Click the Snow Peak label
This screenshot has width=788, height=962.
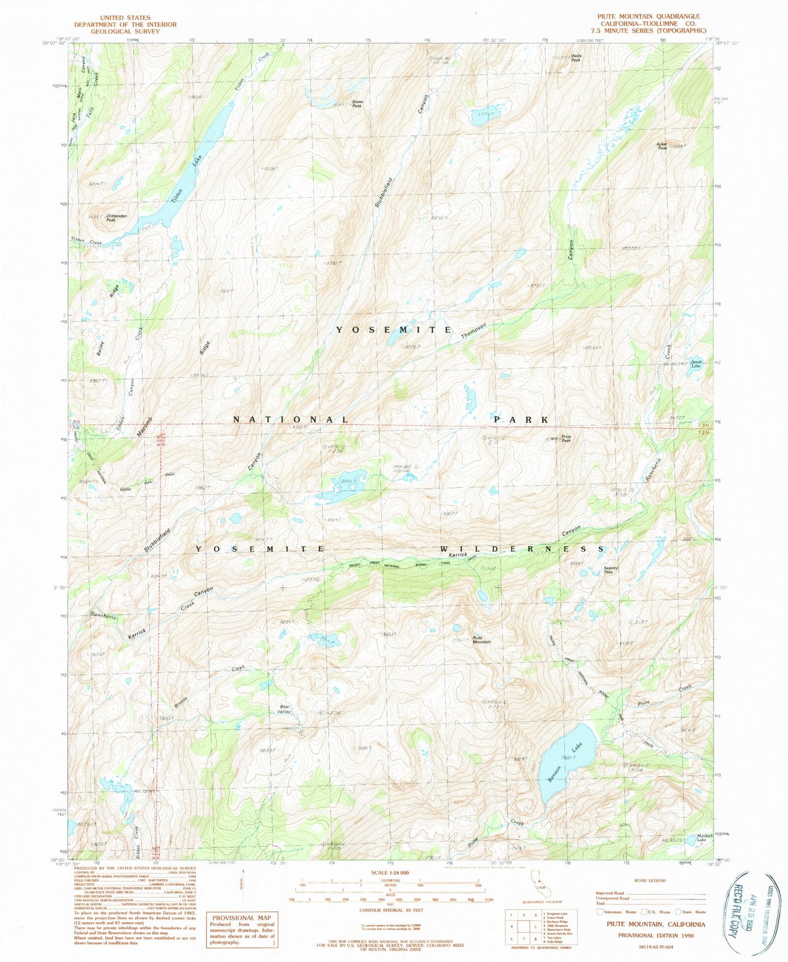tap(357, 104)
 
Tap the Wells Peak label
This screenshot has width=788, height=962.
tap(575, 57)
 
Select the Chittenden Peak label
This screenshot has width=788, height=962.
tap(116, 218)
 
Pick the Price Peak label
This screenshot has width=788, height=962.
tap(566, 438)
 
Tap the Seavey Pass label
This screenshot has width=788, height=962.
tap(611, 570)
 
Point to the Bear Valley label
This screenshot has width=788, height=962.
tap(284, 709)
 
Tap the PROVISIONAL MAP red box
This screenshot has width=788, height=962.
tap(240, 929)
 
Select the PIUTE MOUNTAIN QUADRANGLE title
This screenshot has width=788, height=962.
tap(648, 17)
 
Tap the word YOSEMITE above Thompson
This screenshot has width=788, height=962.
tap(394, 330)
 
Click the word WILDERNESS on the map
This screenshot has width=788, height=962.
tap(522, 549)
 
